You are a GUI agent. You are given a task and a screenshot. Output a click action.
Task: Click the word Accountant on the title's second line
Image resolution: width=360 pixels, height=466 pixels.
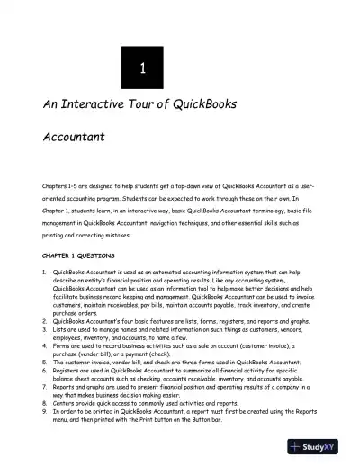coord(76,139)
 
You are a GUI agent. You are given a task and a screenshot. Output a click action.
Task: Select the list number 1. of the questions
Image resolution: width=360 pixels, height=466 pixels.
coord(45,271)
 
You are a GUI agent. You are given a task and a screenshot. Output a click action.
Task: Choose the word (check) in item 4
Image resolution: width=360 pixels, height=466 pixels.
coord(168,350)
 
